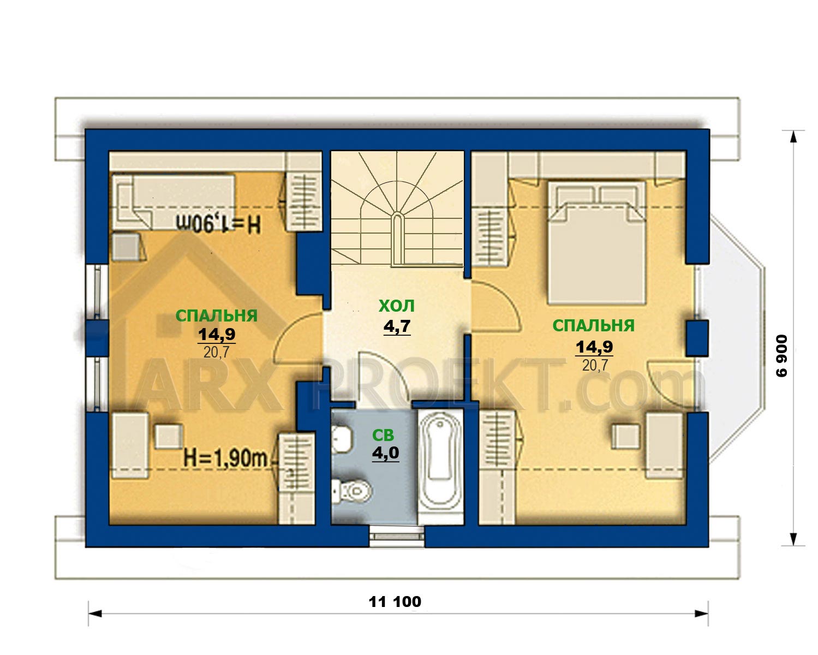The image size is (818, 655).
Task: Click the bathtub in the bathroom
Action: point(441,467)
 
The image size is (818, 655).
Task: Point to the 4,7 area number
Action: point(397,326)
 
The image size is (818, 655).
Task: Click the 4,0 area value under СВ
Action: point(385,452)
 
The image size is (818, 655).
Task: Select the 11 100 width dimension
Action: point(395,601)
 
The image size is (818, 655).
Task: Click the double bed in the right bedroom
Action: point(596,242)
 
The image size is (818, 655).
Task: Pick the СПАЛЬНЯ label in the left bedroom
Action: point(216,315)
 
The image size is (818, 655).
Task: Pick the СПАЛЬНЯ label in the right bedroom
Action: point(593,325)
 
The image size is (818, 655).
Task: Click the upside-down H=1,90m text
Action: point(219,224)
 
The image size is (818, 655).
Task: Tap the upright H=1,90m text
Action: point(226,458)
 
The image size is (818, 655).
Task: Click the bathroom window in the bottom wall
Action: point(397,536)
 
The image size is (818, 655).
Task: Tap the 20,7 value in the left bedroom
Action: point(216,353)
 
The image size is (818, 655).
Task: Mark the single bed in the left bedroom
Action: point(174,202)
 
